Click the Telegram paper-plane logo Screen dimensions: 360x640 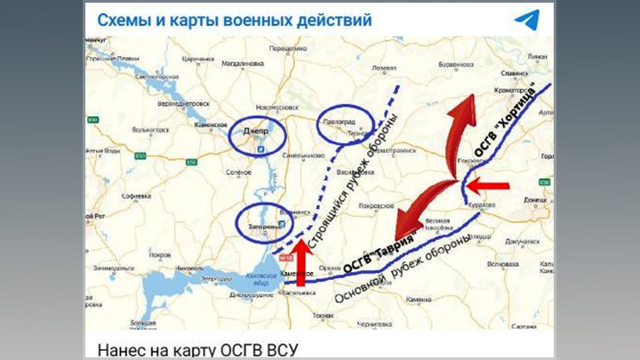tap(526, 19)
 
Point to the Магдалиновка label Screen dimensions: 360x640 tap(242, 63)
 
